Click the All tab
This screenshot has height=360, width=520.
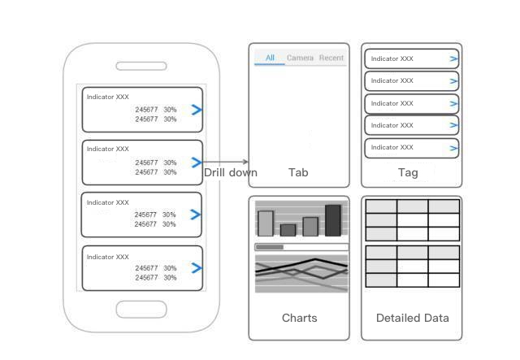tap(270, 58)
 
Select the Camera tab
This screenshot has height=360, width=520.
tap(300, 58)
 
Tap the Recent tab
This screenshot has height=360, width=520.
tap(331, 58)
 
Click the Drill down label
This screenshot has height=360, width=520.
tap(231, 172)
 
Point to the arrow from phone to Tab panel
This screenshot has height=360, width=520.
tap(226, 163)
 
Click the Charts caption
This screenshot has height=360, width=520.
tap(299, 318)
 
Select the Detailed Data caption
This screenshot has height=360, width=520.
tap(412, 318)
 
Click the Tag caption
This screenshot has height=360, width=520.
tap(408, 172)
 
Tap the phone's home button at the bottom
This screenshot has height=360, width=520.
tap(141, 310)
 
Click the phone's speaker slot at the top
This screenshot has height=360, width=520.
tap(141, 66)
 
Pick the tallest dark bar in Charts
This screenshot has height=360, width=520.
tap(333, 220)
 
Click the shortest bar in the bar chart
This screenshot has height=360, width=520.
tap(288, 230)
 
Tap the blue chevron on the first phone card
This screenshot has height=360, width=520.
tap(196, 111)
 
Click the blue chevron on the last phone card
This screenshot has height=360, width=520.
tap(196, 268)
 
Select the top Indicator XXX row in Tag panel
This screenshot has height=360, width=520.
tap(411, 59)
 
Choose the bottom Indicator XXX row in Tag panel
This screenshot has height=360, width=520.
tap(411, 148)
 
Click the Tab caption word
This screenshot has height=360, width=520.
tap(298, 172)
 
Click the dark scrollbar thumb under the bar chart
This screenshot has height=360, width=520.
tap(269, 247)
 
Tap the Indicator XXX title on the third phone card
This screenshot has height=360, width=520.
tap(108, 202)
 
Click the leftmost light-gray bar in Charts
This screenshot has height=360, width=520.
tap(266, 223)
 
